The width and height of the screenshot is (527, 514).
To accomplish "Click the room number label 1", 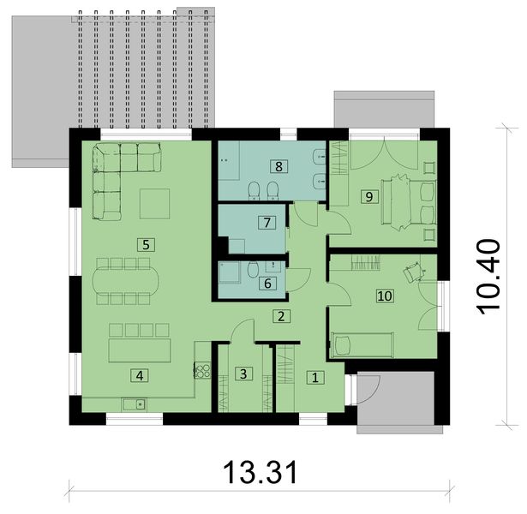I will click(314, 376).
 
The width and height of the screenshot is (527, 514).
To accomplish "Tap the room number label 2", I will click(280, 316).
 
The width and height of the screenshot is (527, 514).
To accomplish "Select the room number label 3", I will click(243, 374).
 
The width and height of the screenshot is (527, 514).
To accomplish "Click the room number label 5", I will click(147, 244).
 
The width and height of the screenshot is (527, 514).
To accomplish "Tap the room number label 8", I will click(278, 164).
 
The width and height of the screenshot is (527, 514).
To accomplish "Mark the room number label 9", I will click(368, 196).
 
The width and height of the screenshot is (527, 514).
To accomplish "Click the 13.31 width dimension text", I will click(260, 471).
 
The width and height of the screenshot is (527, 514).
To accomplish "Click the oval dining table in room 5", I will click(123, 280).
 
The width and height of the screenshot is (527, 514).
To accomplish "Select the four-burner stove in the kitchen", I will click(204, 370).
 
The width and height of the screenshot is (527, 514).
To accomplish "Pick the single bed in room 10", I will click(362, 346).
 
